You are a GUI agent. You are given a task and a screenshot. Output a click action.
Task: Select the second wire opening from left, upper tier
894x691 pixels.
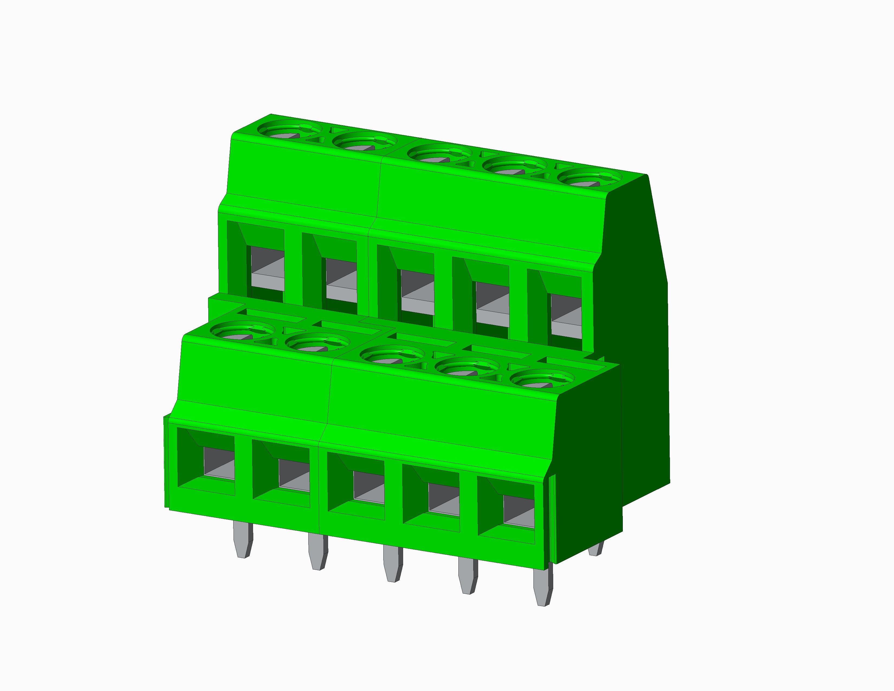pyautogui.click(x=341, y=280)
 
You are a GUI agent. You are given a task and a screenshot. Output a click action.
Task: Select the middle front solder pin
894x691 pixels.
pyautogui.click(x=393, y=563)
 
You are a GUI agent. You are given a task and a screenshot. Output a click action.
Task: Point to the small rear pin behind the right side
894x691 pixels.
pyautogui.click(x=596, y=548)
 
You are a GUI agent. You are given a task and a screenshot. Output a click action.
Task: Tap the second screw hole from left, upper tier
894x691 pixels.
pyautogui.click(x=364, y=143)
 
